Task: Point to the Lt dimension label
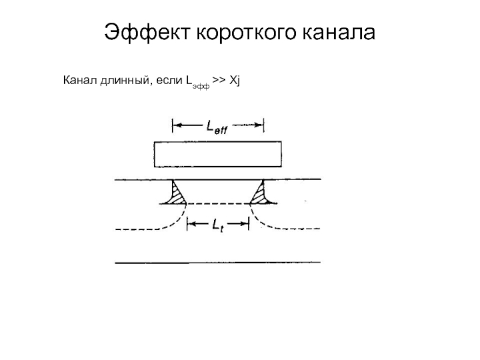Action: [217, 224]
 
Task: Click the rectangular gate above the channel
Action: [217, 154]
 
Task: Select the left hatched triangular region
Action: [178, 194]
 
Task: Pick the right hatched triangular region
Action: [259, 194]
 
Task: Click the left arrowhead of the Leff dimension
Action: [176, 125]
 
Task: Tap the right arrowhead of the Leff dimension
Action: [260, 125]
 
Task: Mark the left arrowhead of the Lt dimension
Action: [190, 224]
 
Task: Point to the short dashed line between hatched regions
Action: [218, 204]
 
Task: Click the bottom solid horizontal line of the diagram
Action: [217, 262]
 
